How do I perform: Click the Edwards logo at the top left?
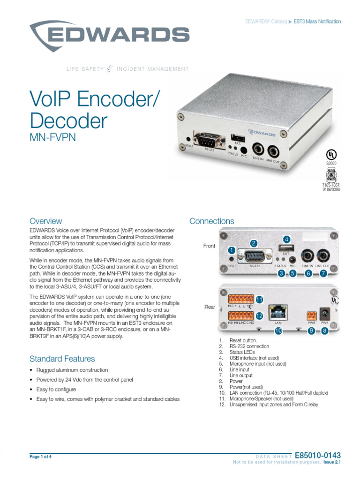[x=109, y=33]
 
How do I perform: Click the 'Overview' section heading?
[x=45, y=221]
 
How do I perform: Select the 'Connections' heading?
[x=211, y=221]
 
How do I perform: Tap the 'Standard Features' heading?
[x=62, y=359]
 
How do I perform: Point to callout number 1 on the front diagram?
[x=231, y=250]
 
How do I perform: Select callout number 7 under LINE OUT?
[x=323, y=273]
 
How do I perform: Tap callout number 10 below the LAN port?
[x=278, y=330]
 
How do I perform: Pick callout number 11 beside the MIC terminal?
[x=258, y=299]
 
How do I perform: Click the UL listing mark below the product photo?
[x=331, y=154]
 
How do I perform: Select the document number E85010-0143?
[x=317, y=455]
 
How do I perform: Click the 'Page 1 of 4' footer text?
[x=40, y=456]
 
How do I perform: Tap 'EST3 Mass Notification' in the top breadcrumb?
[x=317, y=22]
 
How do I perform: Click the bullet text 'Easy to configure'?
[x=56, y=390]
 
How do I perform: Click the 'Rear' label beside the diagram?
[x=210, y=307]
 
